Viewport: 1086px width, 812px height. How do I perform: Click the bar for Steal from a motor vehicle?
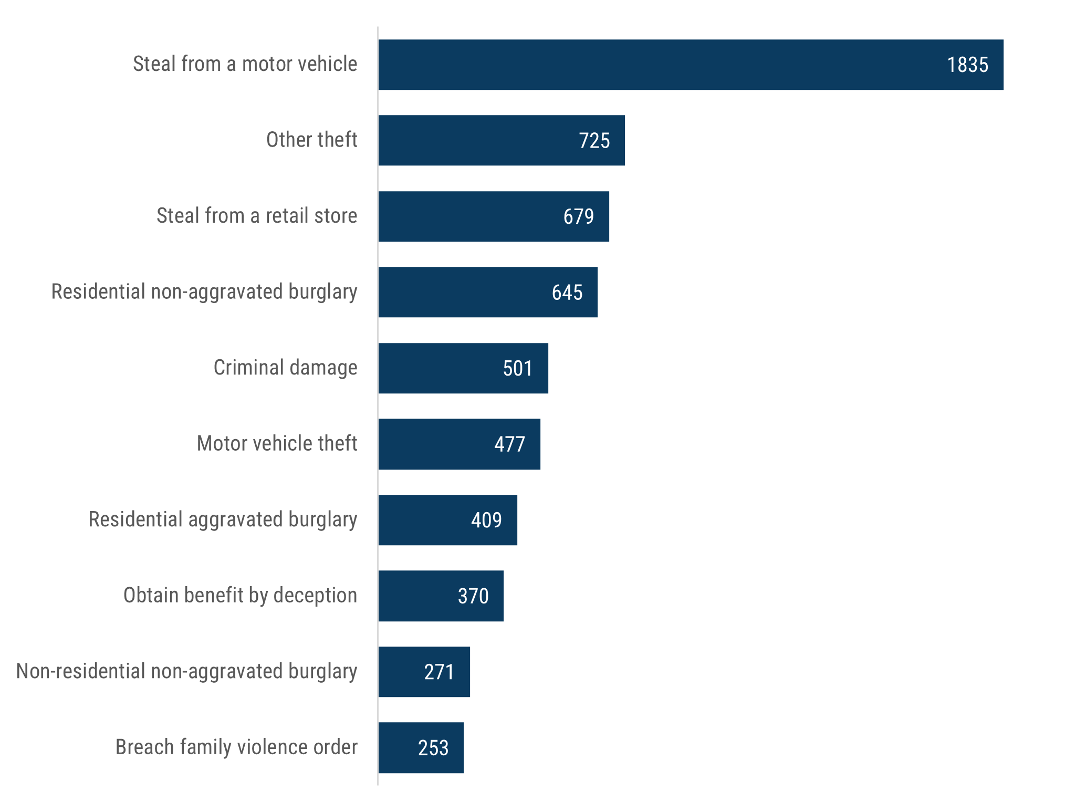click(690, 65)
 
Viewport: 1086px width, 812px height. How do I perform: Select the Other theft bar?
click(501, 140)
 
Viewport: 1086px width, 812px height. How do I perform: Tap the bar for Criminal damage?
click(463, 368)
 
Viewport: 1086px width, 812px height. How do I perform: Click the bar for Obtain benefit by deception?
click(440, 596)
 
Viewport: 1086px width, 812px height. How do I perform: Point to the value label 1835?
click(967, 65)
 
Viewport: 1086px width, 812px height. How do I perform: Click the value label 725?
click(594, 141)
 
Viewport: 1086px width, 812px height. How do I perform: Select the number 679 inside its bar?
click(578, 216)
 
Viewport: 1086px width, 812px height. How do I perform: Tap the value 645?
click(567, 293)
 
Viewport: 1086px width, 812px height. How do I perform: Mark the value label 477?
click(509, 444)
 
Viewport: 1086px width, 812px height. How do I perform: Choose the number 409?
click(486, 520)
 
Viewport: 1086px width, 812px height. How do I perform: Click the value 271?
click(439, 672)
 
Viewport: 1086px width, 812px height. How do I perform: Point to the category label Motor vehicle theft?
click(277, 443)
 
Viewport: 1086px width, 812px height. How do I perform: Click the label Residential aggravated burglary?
click(223, 519)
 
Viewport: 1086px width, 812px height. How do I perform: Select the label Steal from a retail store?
click(257, 216)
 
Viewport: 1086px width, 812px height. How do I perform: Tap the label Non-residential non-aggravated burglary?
click(186, 671)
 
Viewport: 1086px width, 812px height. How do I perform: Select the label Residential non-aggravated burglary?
click(204, 292)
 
